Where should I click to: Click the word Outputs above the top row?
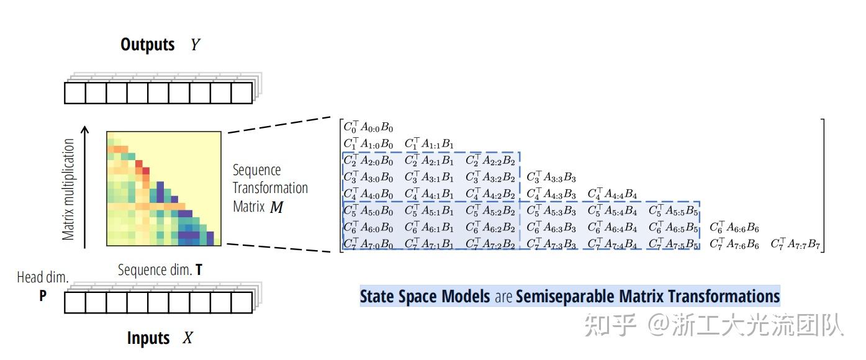147,45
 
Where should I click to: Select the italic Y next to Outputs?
195,45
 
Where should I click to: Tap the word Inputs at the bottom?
148,338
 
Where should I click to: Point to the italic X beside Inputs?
187,338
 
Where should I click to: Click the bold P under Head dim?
43,295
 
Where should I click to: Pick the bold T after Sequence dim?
199,269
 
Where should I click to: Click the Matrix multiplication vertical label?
68,189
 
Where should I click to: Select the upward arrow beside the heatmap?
84,187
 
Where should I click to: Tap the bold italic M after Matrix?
276,207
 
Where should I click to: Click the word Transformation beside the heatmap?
270,188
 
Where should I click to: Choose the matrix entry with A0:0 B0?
368,127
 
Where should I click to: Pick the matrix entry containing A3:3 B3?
551,177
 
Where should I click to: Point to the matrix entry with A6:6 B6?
734,227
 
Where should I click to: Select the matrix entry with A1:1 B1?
429,143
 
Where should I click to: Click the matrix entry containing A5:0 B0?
368,210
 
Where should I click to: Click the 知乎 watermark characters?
610,325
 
